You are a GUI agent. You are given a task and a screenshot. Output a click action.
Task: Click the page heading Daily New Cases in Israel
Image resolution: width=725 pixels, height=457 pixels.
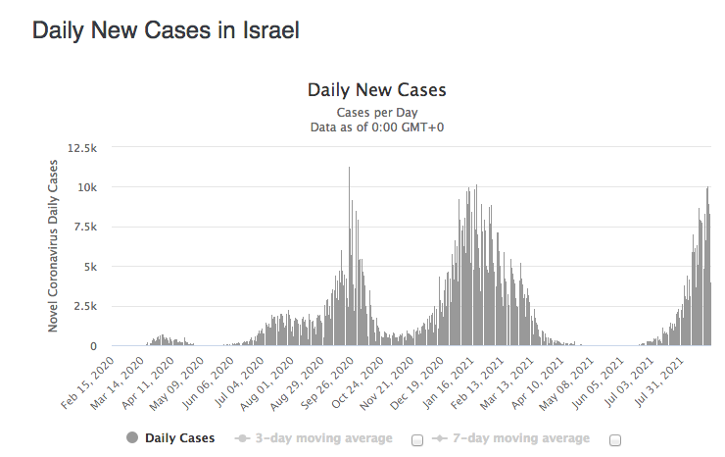(x=166, y=30)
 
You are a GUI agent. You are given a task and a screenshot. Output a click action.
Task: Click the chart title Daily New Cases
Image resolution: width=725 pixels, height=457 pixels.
(x=377, y=90)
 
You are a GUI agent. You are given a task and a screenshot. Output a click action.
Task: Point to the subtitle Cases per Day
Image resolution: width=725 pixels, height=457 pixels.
(x=377, y=113)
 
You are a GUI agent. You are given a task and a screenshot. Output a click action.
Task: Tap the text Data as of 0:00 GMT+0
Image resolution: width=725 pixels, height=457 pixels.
(x=377, y=127)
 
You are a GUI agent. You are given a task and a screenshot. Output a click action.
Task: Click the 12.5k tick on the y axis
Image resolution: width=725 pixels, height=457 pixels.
(x=82, y=148)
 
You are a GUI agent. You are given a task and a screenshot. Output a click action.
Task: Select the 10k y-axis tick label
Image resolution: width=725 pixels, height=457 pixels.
(x=87, y=187)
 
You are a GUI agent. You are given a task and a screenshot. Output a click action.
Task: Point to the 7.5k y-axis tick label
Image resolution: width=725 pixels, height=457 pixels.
(x=85, y=227)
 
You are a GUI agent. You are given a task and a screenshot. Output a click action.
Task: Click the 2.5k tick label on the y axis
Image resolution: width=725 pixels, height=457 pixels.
(x=85, y=307)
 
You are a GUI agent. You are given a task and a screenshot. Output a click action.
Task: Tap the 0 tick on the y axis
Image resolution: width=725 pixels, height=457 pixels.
(x=94, y=346)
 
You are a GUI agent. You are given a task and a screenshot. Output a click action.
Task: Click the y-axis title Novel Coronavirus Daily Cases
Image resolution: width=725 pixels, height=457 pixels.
(x=53, y=246)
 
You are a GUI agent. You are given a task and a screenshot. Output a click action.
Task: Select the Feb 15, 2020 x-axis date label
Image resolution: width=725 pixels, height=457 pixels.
(x=87, y=382)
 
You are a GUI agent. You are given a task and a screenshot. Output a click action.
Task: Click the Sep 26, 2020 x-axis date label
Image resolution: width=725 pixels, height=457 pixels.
(x=327, y=382)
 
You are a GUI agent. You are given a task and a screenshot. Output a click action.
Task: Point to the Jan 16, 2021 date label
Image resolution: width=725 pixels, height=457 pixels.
(x=447, y=382)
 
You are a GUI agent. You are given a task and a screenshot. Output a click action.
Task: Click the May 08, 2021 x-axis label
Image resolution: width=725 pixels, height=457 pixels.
(x=567, y=383)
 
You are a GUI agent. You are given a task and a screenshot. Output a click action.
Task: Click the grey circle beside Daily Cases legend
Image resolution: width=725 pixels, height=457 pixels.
(x=132, y=437)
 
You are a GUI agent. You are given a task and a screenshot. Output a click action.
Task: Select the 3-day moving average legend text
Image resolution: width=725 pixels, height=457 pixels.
(x=323, y=438)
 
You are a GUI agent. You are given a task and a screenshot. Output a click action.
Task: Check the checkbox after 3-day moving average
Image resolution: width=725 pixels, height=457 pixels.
(x=417, y=440)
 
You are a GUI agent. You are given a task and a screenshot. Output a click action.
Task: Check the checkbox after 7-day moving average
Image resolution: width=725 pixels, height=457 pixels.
(x=615, y=440)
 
